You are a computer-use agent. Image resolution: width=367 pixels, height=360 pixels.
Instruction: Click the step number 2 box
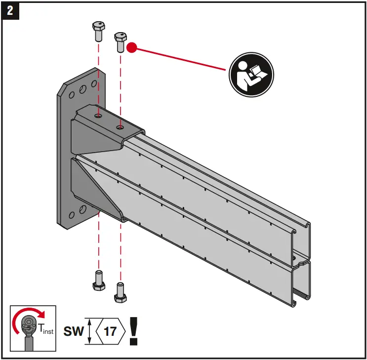click(x=10, y=10)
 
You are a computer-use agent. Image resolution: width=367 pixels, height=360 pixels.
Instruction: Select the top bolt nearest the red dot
click(x=120, y=42)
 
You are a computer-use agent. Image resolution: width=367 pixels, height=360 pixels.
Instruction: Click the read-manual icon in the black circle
click(x=250, y=74)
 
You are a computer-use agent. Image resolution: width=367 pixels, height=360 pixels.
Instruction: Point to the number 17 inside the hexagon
click(x=110, y=331)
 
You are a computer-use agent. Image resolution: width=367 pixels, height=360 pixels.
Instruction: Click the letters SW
click(x=74, y=331)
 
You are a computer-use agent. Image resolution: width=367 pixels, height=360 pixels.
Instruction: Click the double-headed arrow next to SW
click(x=89, y=331)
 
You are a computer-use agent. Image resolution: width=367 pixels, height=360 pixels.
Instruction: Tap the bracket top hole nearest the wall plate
click(x=99, y=117)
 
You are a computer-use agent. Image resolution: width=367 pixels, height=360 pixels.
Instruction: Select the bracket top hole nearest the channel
click(x=119, y=127)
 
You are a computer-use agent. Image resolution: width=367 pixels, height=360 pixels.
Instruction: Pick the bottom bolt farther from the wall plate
click(x=119, y=292)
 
